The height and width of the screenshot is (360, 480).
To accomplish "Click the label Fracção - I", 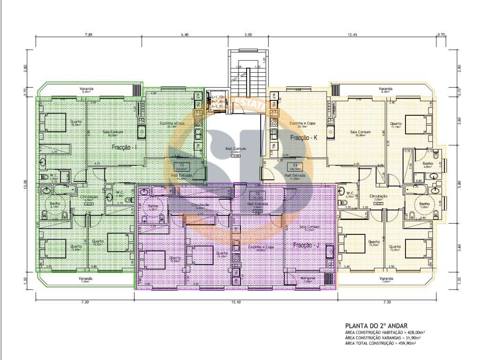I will [x=125, y=147].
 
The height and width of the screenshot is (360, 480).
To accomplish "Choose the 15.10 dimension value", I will [x=236, y=302].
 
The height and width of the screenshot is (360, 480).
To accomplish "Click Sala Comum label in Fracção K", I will [x=360, y=132].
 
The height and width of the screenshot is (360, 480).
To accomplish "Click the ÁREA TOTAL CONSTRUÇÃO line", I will [x=380, y=343].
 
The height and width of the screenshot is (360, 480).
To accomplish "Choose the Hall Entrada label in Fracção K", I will [x=295, y=175].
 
